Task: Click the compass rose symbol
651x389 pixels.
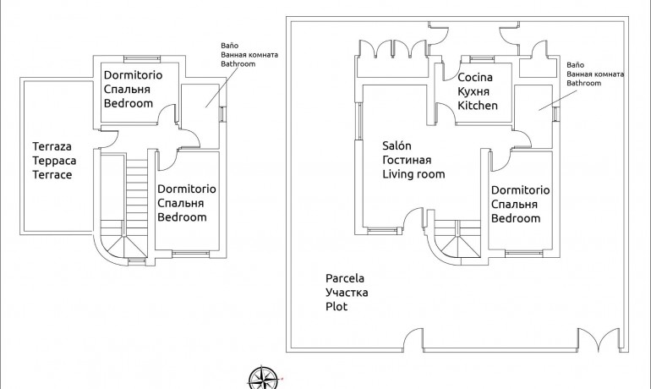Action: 265,377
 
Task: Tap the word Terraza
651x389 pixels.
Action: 52,145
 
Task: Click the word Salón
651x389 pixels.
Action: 397,145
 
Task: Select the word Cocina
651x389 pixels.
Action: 475,77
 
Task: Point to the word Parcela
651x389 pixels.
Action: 345,277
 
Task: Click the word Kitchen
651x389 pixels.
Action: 478,106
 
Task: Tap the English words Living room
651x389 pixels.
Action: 413,174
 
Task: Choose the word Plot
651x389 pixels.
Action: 336,307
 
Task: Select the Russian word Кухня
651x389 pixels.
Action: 474,91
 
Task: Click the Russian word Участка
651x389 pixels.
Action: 347,293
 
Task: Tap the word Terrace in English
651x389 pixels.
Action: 52,175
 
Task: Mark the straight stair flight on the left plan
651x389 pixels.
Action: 137,188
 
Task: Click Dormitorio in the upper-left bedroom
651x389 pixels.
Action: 134,74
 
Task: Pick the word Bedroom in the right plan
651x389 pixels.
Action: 516,218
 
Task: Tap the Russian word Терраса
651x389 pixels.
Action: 52,160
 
